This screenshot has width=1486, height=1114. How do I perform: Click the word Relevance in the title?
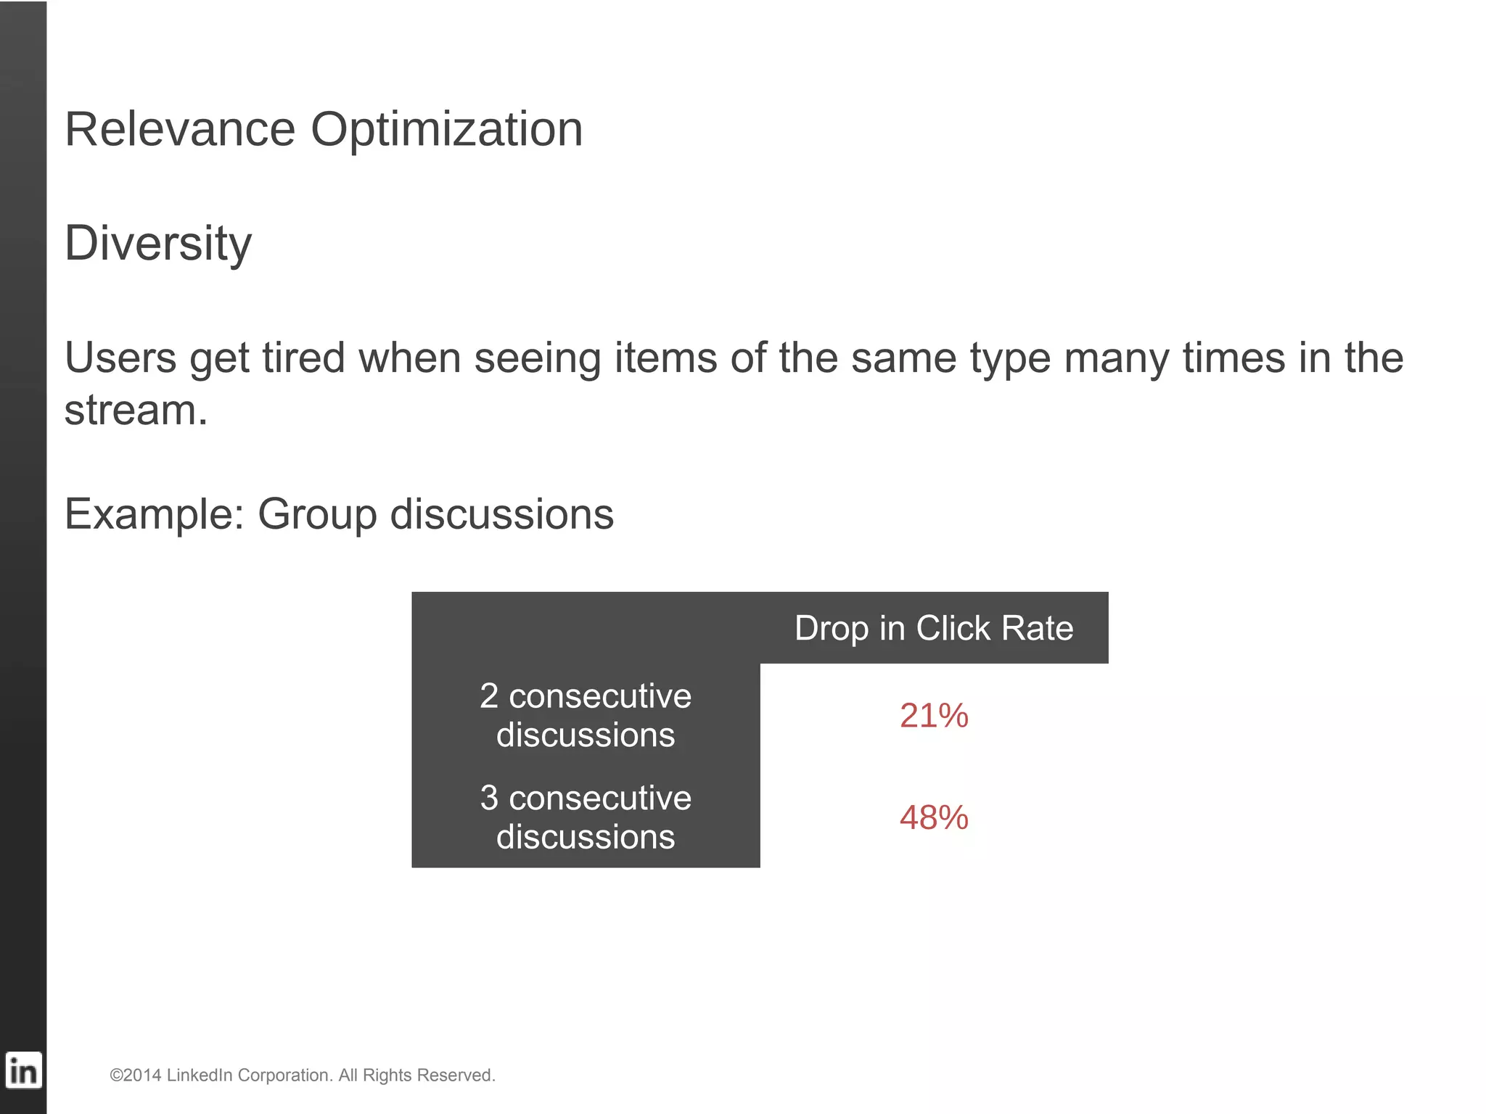pyautogui.click(x=180, y=130)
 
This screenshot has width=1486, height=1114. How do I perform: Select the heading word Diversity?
pyautogui.click(x=158, y=244)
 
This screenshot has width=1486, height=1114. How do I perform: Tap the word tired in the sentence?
pyautogui.click(x=303, y=358)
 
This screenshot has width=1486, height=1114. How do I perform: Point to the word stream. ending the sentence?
pyautogui.click(x=136, y=410)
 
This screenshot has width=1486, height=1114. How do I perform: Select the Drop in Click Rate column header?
pyautogui.click(x=933, y=628)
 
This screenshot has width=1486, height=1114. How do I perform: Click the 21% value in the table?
pyautogui.click(x=933, y=716)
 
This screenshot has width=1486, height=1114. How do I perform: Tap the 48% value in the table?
pyautogui.click(x=933, y=818)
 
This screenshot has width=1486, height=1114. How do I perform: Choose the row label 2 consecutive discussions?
pyautogui.click(x=586, y=715)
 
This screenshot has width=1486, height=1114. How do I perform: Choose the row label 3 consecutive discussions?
pyautogui.click(x=586, y=817)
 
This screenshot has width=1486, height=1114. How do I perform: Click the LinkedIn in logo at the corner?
pyautogui.click(x=23, y=1070)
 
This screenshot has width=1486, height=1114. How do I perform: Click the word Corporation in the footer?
pyautogui.click(x=285, y=1076)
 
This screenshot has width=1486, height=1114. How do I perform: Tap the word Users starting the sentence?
pyautogui.click(x=120, y=358)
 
